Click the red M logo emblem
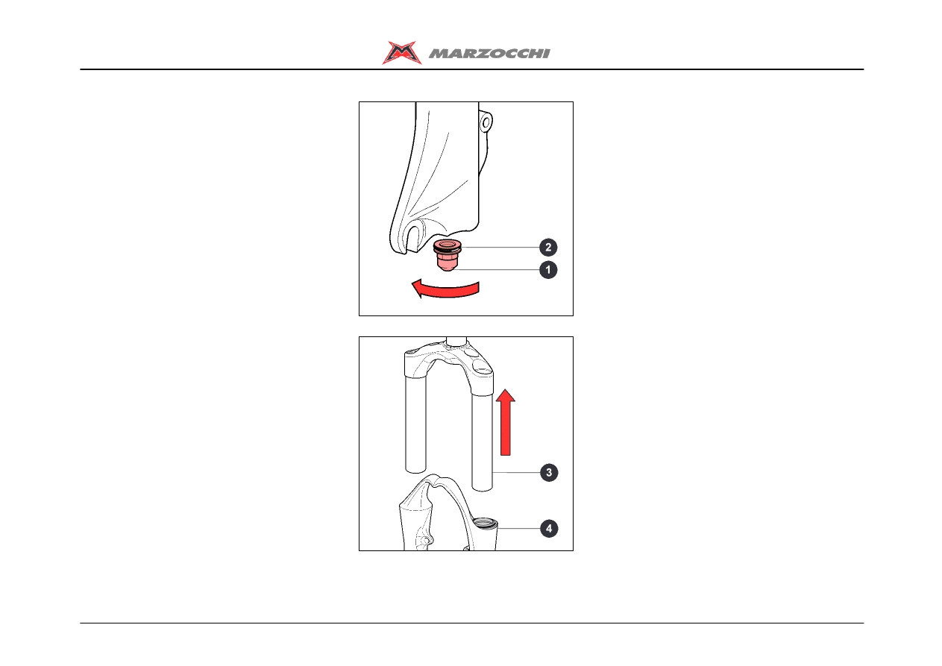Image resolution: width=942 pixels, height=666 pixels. click(x=402, y=52)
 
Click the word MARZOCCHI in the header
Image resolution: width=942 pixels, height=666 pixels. click(x=489, y=54)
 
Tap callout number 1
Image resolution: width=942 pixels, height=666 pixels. click(x=548, y=269)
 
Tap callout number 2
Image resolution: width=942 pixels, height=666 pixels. click(x=548, y=247)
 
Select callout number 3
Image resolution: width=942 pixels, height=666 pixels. click(x=549, y=472)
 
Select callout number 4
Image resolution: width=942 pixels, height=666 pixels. click(x=549, y=529)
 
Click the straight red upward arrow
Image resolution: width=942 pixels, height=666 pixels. click(x=505, y=422)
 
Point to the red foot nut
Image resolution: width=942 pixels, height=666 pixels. click(x=447, y=255)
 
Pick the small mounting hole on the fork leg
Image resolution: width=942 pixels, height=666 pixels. click(x=486, y=123)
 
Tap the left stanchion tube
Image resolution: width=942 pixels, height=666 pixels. click(x=415, y=424)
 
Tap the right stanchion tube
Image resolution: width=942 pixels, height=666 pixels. click(x=482, y=442)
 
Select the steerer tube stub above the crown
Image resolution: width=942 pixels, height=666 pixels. click(x=456, y=341)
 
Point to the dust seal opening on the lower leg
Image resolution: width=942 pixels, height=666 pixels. click(x=485, y=523)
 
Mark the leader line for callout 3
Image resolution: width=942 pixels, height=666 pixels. click(x=516, y=472)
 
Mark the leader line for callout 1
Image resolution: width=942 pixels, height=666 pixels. click(x=496, y=269)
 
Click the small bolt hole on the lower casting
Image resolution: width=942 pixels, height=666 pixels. click(x=425, y=540)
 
